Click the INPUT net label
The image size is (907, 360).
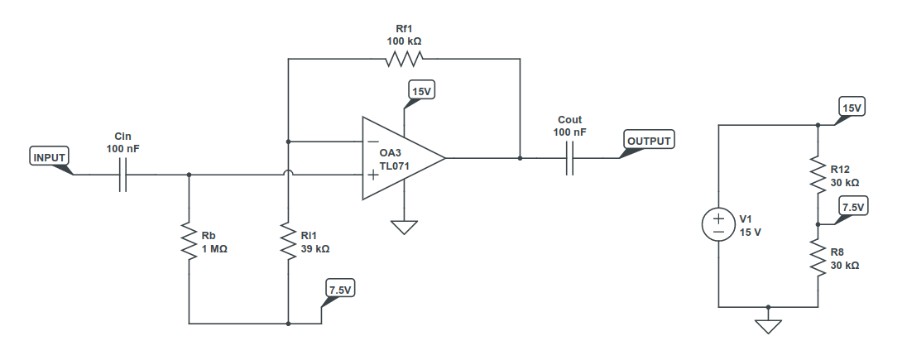(49, 156)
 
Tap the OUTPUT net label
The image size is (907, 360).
(649, 140)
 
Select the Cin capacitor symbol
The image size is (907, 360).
(122, 175)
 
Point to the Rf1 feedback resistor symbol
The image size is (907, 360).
(404, 59)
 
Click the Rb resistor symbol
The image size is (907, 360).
(190, 242)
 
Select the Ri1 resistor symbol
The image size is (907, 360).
(288, 242)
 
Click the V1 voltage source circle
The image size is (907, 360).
(719, 225)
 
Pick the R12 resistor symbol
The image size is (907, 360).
(818, 175)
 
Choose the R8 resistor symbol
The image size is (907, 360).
(818, 260)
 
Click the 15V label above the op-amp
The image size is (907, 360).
(421, 90)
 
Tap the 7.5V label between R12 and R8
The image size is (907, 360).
(852, 207)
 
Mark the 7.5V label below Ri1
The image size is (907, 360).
(339, 290)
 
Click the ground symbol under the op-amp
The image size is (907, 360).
(404, 226)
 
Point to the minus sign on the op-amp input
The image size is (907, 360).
(373, 142)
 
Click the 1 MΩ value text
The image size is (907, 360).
(214, 248)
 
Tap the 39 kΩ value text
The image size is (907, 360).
(315, 248)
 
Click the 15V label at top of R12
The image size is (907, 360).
(852, 108)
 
